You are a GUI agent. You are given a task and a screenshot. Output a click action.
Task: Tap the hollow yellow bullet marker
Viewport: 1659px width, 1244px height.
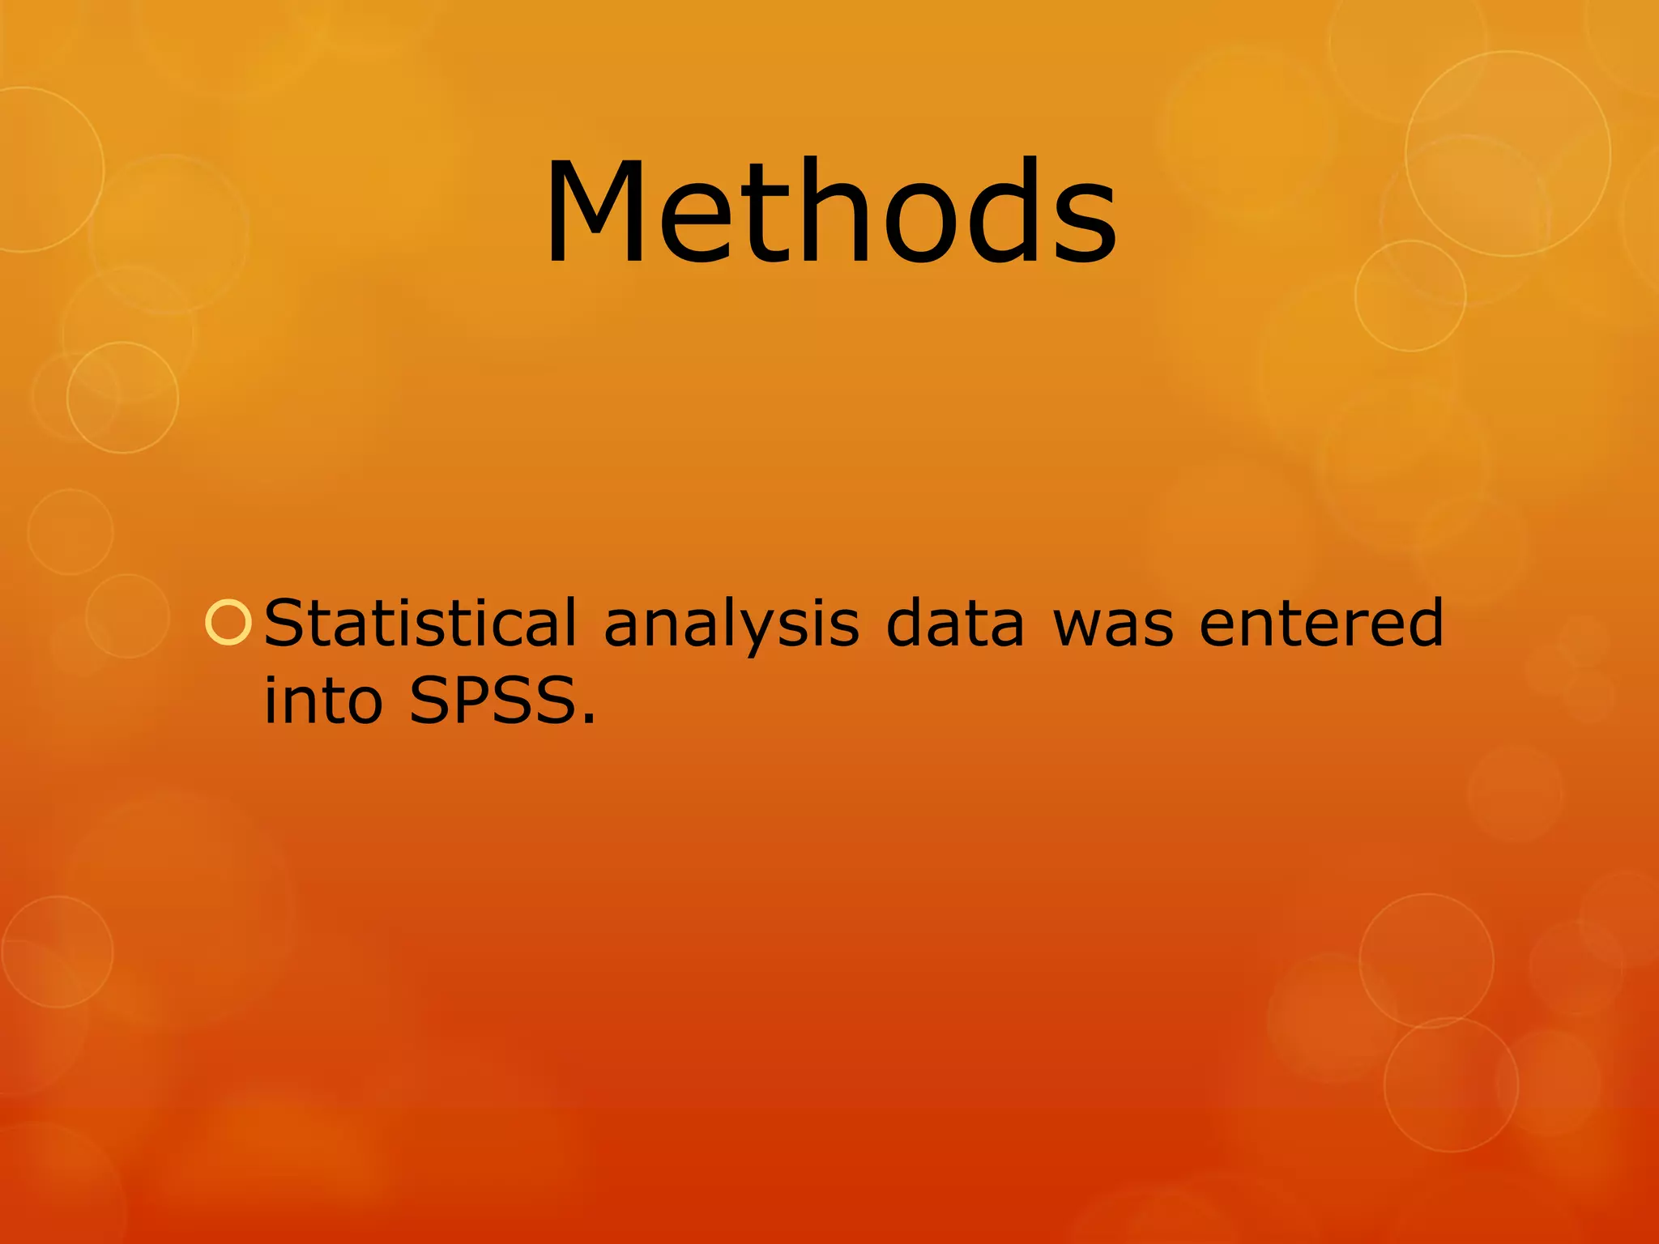coord(228,624)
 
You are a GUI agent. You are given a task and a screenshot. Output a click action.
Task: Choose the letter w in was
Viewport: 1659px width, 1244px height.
coord(1085,627)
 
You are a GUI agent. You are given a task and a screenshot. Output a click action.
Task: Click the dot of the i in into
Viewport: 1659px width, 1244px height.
coord(271,675)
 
